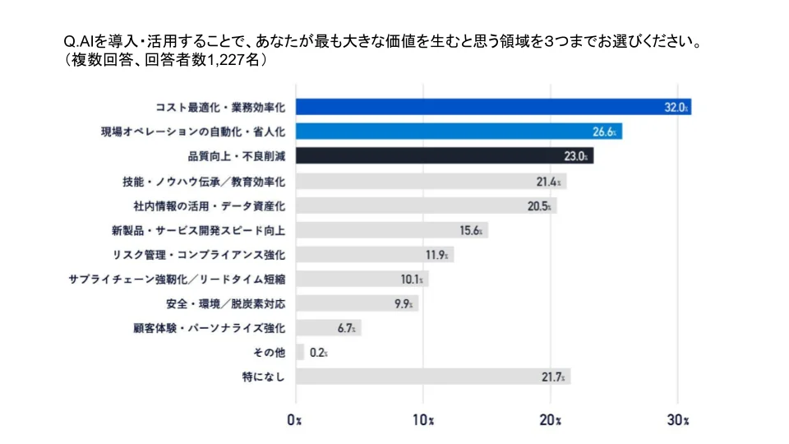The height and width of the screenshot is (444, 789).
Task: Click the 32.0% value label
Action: coord(676,107)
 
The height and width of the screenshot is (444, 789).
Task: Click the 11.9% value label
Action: coord(436,255)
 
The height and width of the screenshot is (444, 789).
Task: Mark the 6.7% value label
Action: coord(347,328)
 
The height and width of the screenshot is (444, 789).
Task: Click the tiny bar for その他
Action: coord(300,352)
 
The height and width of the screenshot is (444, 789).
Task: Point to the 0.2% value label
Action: coord(319,353)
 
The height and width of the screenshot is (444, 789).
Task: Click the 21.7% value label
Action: coord(553,377)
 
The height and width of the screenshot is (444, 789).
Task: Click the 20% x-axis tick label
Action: coord(551,420)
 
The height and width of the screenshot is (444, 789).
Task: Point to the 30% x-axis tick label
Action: coord(678,420)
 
